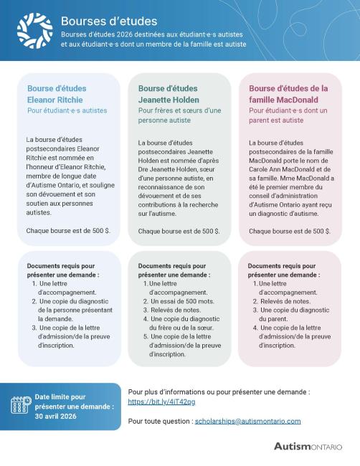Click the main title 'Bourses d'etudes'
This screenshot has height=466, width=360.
click(109, 22)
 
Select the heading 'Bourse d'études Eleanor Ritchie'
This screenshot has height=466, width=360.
click(57, 94)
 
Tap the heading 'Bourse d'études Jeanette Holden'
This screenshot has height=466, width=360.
click(169, 94)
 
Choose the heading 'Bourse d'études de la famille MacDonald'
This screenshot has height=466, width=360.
click(288, 94)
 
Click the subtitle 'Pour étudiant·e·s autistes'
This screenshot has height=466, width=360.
click(67, 111)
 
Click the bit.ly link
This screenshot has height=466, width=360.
click(151, 403)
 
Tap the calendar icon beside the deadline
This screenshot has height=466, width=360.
click(20, 404)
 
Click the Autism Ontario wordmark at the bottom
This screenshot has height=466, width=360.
click(308, 446)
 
